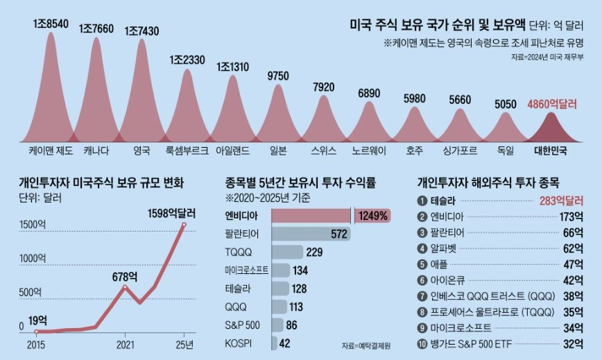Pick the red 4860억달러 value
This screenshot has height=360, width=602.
pos(552,105)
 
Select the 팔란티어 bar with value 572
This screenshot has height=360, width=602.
pos(311,234)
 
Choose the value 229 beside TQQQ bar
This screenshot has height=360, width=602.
pos(316,252)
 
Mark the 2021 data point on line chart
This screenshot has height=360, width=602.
pos(125,286)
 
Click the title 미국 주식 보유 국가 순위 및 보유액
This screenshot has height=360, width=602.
pos(437,26)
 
